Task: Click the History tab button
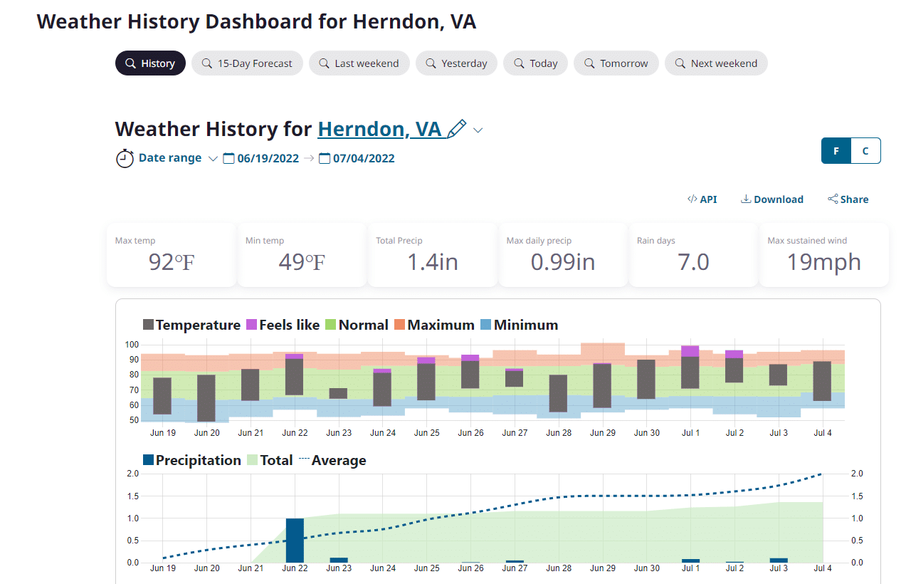150,63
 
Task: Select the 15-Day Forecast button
247,63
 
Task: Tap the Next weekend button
716,63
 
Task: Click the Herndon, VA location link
380,129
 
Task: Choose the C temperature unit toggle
865,151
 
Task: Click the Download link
772,199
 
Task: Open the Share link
848,199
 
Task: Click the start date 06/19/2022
268,158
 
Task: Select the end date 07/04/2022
363,158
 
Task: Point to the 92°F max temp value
171,262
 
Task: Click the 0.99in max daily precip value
562,262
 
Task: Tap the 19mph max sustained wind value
823,262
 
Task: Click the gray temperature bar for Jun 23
338,393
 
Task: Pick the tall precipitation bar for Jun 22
295,540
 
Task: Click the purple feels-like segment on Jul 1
690,351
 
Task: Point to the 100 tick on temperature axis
132,345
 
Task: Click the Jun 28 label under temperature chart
559,433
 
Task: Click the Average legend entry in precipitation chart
332,460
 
